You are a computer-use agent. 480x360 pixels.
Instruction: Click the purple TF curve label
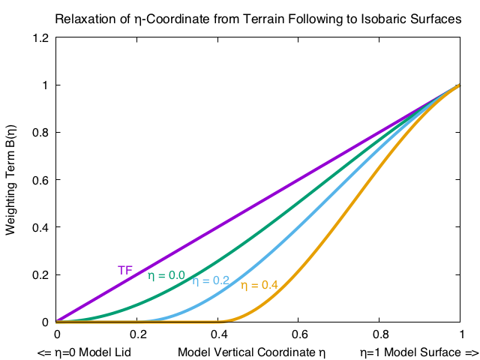(x=125, y=270)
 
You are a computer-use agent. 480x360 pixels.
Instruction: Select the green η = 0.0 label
(x=166, y=275)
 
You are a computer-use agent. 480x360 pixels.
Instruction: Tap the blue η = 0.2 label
(x=211, y=280)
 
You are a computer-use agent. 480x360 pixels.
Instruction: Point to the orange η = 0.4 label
(x=259, y=285)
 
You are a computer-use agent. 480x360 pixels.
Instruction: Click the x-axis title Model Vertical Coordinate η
(x=252, y=351)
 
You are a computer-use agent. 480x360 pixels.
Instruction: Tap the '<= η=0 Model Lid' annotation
(x=78, y=351)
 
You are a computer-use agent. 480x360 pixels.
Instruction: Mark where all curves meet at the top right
(x=460, y=85)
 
